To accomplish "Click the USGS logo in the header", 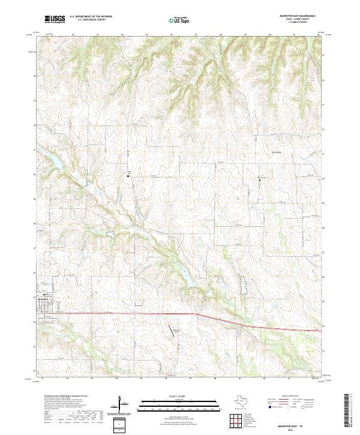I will tap(55, 19).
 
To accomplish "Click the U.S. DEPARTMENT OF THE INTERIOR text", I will tap(91, 17).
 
